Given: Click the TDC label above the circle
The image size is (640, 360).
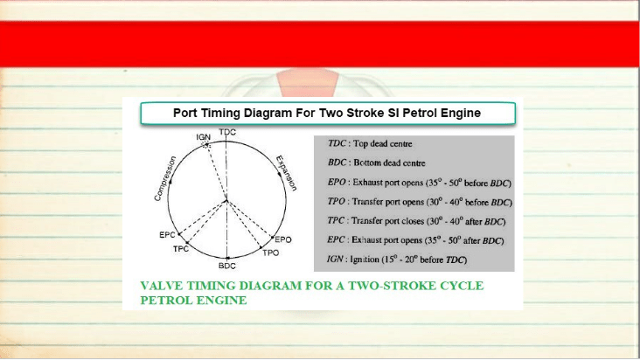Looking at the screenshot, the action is [x=227, y=132].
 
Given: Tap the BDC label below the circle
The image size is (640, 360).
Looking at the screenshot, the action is [x=227, y=266].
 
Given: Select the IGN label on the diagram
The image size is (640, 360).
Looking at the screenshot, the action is [x=203, y=137].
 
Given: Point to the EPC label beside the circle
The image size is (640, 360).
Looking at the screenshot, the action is [x=167, y=235].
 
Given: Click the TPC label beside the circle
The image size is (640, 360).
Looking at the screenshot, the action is [x=181, y=249].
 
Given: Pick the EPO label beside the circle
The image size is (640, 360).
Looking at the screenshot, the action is [x=283, y=239].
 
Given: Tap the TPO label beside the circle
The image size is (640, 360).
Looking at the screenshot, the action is [x=271, y=253].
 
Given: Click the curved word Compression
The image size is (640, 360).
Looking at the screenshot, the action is [x=165, y=178].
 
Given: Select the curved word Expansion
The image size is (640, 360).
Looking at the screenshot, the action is [x=286, y=173].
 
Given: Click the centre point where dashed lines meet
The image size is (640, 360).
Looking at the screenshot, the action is [x=226, y=200].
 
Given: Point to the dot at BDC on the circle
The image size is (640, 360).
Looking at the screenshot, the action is [x=227, y=258].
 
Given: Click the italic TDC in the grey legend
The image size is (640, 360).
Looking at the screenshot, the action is [x=337, y=143].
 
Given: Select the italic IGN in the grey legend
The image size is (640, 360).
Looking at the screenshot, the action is [x=335, y=259].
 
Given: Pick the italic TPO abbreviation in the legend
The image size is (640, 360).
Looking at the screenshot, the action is [x=337, y=201].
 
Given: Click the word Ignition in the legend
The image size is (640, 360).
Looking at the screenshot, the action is [x=365, y=260].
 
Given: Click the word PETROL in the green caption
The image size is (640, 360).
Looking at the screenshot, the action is [x=166, y=300].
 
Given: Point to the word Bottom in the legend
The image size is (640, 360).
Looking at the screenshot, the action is [x=367, y=163].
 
